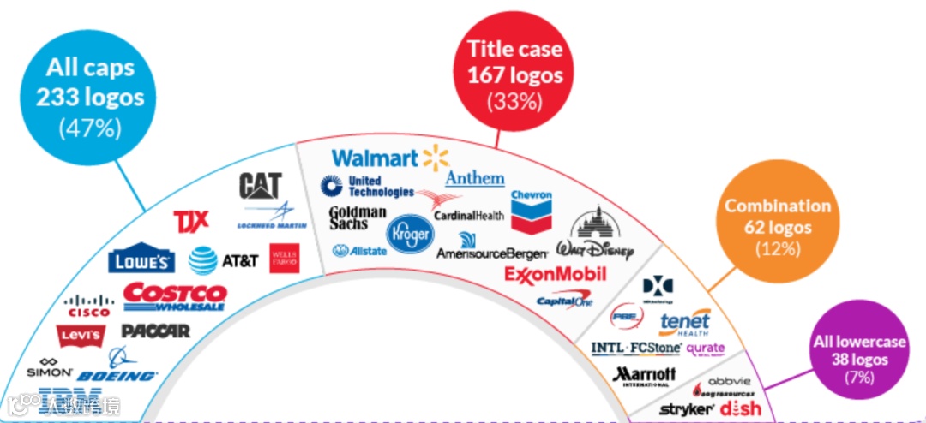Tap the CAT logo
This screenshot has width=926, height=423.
(261, 186)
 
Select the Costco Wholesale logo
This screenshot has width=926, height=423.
(175, 295)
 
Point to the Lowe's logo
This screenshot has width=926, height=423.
(142, 260)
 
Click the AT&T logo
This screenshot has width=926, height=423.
(224, 259)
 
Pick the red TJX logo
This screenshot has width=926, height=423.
(190, 221)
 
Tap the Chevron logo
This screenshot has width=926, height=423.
(532, 209)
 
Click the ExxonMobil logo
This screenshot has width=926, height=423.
(555, 275)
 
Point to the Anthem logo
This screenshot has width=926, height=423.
(474, 178)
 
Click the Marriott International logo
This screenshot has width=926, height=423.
(645, 376)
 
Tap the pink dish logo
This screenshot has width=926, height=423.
(740, 408)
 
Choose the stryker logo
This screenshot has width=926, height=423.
(686, 409)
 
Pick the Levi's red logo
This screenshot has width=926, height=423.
(80, 335)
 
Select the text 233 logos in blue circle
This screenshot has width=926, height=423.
(90, 97)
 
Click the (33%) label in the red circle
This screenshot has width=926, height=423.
(515, 100)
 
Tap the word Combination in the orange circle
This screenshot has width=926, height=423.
(778, 206)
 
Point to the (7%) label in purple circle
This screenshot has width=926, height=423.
(858, 378)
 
